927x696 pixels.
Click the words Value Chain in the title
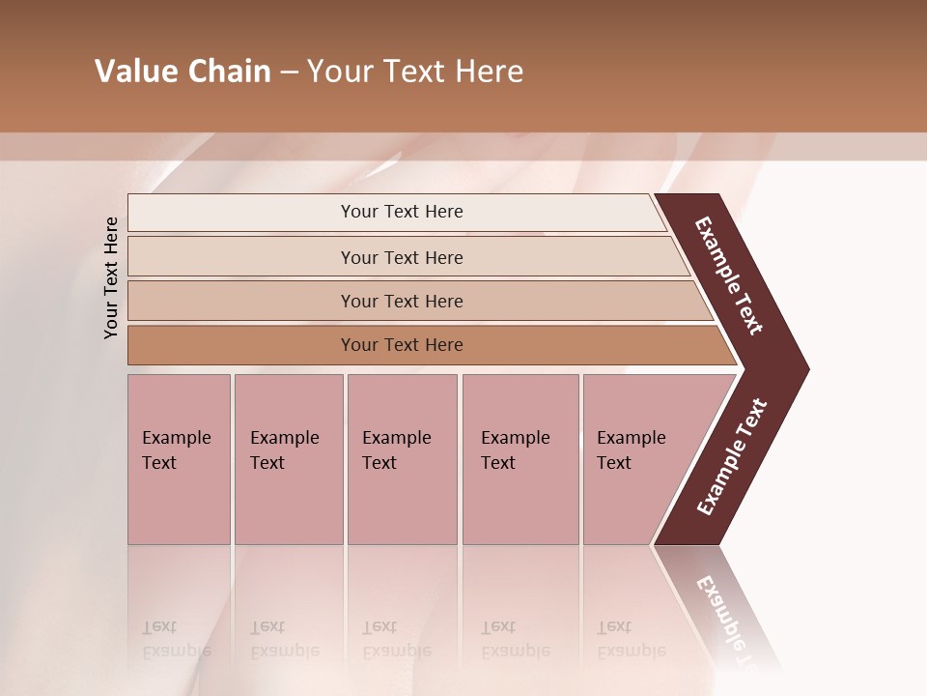pyautogui.click(x=183, y=72)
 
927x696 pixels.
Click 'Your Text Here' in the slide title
pyautogui.click(x=415, y=72)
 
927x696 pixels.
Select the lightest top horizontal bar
pyautogui.click(x=241, y=212)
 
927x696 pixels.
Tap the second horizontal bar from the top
pyautogui.click(x=241, y=257)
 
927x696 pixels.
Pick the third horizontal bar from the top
pyautogui.click(x=241, y=301)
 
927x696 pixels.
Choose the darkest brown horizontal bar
pyautogui.click(x=241, y=345)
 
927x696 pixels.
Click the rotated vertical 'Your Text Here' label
pyautogui.click(x=111, y=277)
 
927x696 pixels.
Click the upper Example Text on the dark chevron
pyautogui.click(x=729, y=275)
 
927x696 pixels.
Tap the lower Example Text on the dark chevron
pyautogui.click(x=732, y=457)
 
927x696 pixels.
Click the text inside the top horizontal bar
pyautogui.click(x=402, y=212)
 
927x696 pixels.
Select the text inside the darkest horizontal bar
pyautogui.click(x=402, y=345)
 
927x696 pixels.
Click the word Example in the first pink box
pyautogui.click(x=177, y=438)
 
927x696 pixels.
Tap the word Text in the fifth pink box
pyautogui.click(x=614, y=463)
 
